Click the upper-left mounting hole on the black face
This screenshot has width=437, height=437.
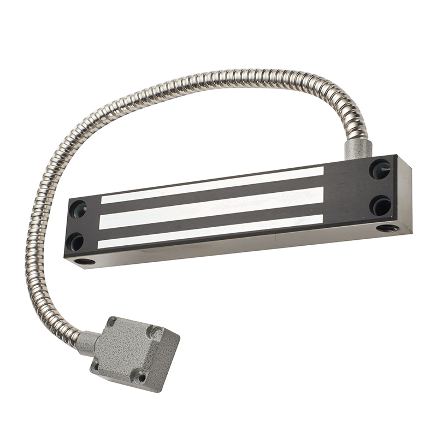click(78, 208)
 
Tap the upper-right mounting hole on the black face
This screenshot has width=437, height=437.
click(380, 169)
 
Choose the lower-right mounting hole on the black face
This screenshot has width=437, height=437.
click(380, 205)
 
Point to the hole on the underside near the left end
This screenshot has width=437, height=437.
click(85, 262)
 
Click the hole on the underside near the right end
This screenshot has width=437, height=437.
click(388, 228)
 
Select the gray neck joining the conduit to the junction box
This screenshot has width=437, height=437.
click(86, 342)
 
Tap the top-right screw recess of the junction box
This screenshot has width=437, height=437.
click(155, 332)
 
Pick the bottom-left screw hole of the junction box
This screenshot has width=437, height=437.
click(97, 365)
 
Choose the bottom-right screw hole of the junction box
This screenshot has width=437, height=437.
click(141, 376)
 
